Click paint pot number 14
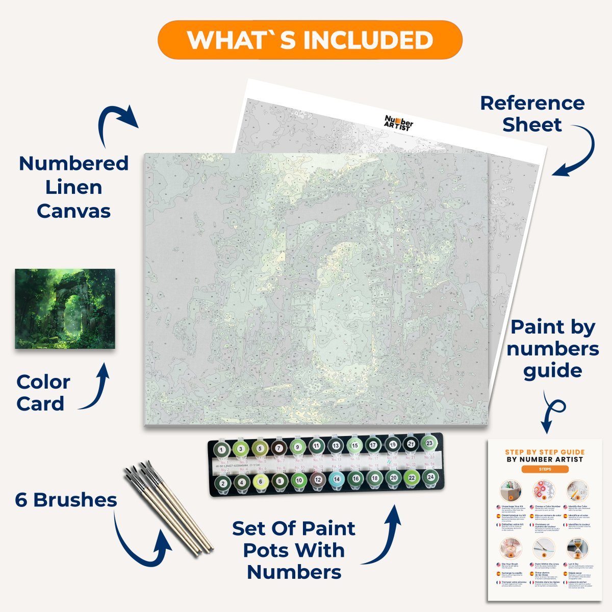pyautogui.click(x=336, y=479)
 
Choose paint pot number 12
pyautogui.click(x=317, y=480)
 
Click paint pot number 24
pyautogui.click(x=430, y=477)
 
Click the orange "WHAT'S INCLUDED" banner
pyautogui.click(x=310, y=40)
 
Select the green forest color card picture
pyautogui.click(x=65, y=309)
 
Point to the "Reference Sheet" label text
pyautogui.click(x=532, y=114)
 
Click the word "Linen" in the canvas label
pyautogui.click(x=73, y=187)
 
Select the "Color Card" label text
pyautogui.click(x=43, y=393)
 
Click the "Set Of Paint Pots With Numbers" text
pyautogui.click(x=294, y=550)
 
